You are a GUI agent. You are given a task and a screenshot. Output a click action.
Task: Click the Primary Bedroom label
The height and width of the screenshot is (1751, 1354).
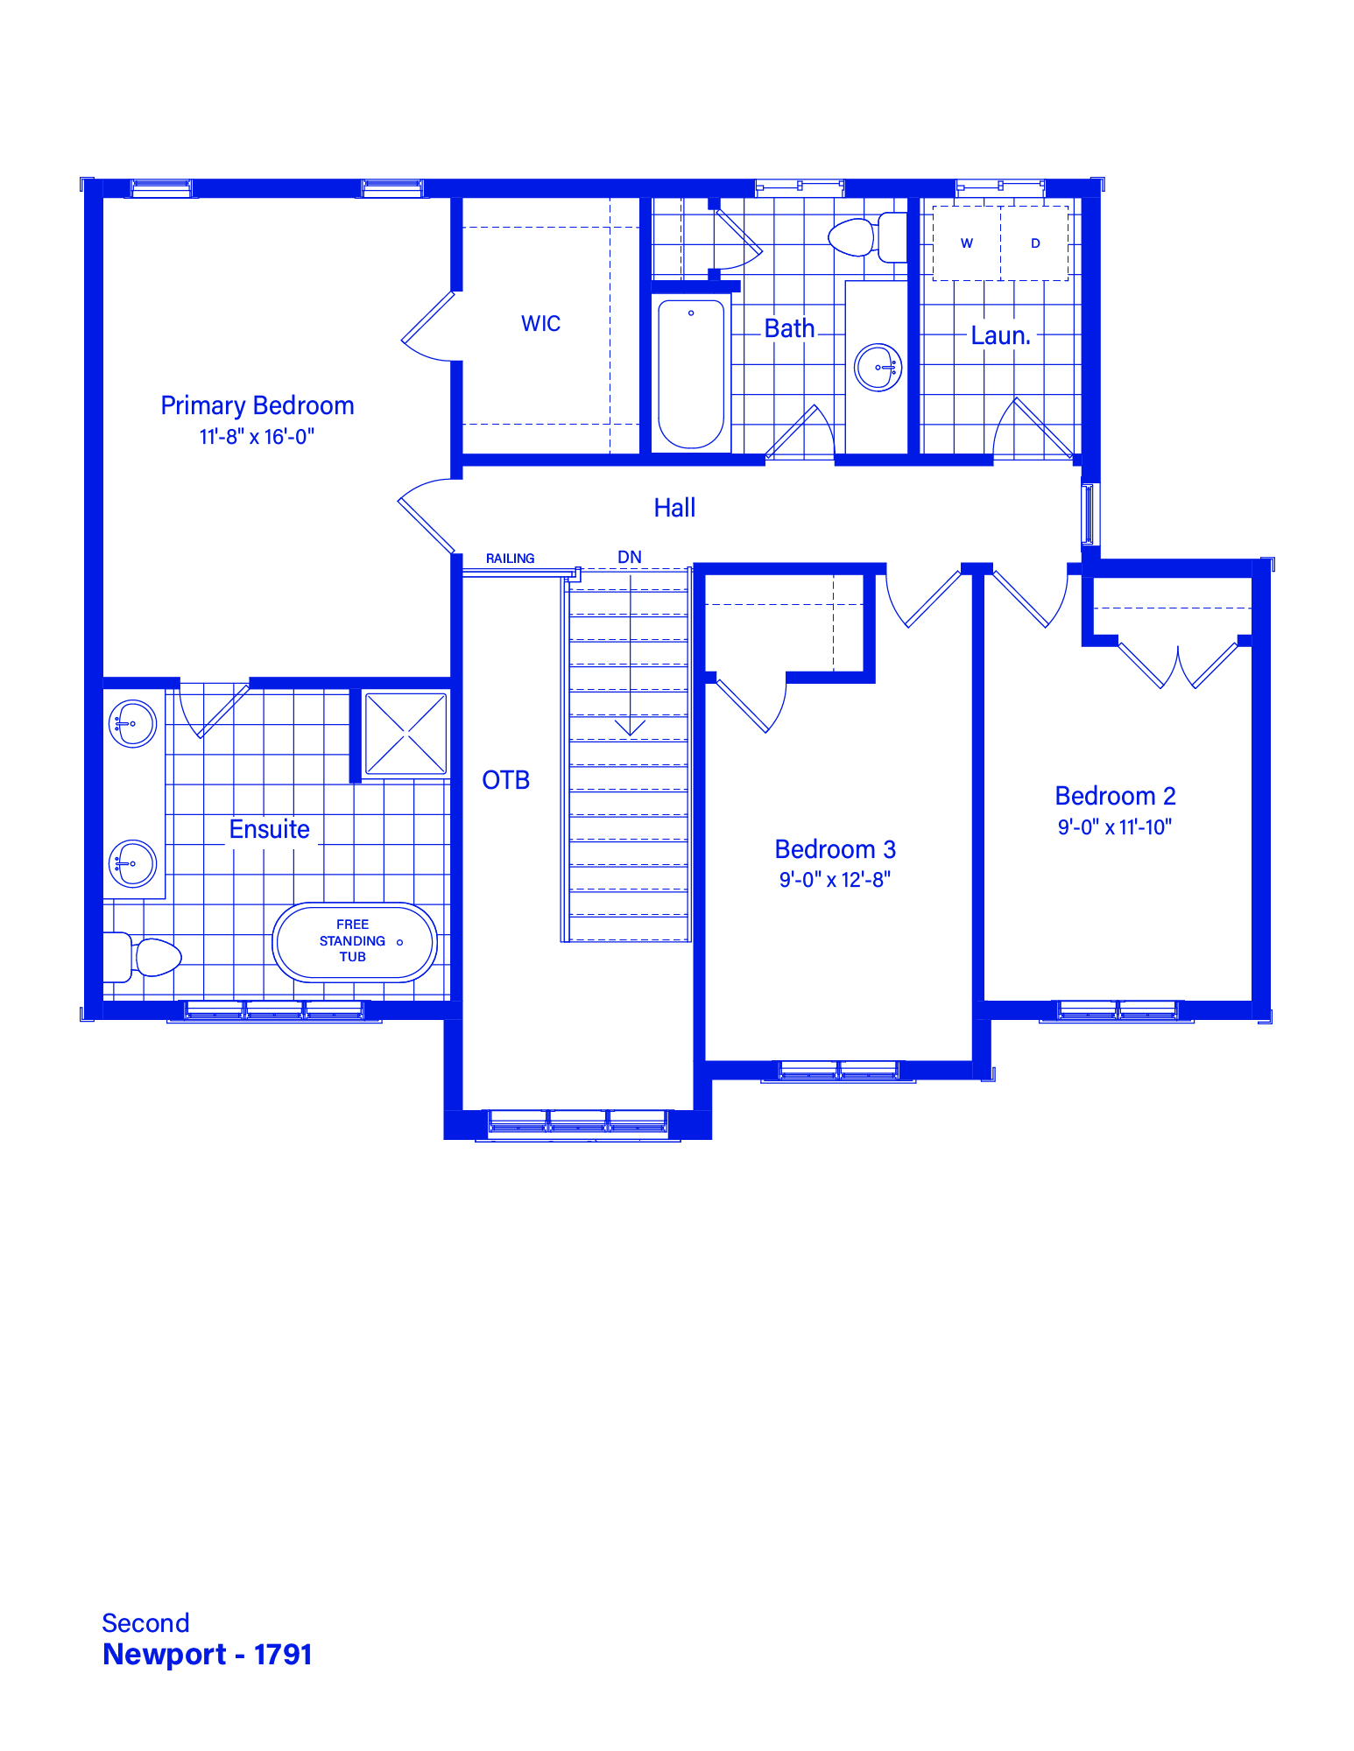257,405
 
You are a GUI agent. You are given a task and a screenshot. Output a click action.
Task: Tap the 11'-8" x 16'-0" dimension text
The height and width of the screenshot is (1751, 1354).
257,436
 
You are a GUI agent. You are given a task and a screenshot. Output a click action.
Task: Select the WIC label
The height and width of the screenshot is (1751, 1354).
540,323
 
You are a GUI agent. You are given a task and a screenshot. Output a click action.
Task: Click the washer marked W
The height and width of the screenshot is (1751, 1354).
967,243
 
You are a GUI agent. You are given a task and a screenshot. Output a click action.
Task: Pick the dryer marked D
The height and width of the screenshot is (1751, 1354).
1034,243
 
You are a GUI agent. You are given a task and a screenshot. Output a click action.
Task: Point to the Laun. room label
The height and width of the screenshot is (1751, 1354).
1001,335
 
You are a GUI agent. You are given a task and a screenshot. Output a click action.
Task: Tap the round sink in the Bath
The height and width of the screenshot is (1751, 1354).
878,367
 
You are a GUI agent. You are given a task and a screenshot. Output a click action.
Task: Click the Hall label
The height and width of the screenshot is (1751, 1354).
674,508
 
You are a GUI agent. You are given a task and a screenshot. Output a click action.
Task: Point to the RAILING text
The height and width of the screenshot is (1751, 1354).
511,559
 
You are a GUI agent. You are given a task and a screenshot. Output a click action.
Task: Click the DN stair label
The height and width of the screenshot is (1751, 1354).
630,557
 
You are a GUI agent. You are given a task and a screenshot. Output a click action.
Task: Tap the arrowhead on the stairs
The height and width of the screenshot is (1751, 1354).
630,728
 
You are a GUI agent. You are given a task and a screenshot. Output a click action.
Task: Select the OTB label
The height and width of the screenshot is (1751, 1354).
506,780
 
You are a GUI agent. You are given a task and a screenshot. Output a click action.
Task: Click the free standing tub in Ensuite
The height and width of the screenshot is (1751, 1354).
355,942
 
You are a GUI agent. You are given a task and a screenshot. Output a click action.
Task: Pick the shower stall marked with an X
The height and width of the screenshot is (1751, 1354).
405,734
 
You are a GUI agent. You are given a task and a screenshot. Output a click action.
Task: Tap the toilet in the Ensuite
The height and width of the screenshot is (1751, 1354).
142,957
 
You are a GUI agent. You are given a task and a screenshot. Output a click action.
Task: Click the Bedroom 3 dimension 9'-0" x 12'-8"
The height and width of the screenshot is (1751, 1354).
836,880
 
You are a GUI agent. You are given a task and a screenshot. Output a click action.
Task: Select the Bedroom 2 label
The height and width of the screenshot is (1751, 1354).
1115,796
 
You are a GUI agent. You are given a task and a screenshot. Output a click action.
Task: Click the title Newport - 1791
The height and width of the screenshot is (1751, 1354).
208,1655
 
